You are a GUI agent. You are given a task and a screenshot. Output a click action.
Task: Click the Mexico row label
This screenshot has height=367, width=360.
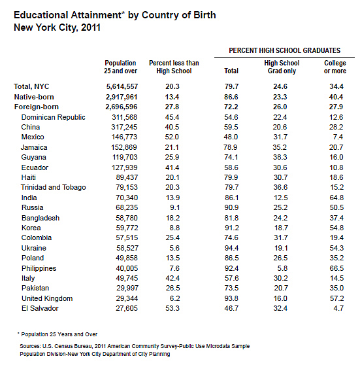[x=33, y=137]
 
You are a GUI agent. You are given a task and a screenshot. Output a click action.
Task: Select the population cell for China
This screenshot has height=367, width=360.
[x=124, y=127]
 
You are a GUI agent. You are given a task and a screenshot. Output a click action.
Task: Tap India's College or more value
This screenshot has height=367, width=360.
[x=336, y=198]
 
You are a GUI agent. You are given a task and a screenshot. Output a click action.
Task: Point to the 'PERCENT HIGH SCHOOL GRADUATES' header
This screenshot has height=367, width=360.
[x=284, y=50]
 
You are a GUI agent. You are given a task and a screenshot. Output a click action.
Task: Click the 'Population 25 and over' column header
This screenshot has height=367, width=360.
[x=120, y=67]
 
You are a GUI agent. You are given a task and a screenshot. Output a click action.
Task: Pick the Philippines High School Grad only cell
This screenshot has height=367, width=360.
[x=282, y=268]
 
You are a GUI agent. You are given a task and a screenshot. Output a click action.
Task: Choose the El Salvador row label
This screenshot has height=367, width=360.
[x=40, y=308]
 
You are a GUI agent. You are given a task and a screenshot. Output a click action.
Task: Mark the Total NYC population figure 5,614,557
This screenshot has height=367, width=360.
[x=122, y=86]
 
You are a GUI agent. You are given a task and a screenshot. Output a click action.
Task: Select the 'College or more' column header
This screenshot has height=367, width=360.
[x=335, y=67]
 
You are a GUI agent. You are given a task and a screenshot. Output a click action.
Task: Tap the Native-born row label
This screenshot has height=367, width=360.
[x=34, y=97]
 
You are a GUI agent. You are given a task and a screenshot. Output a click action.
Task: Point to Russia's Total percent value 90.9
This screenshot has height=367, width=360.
[x=231, y=207]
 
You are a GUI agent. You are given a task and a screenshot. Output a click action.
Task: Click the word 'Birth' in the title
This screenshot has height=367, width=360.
[x=205, y=15]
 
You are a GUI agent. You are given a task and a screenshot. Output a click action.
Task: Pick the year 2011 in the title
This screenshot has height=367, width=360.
[x=91, y=27]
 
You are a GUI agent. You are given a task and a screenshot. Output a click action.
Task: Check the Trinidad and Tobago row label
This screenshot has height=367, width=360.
[x=54, y=187]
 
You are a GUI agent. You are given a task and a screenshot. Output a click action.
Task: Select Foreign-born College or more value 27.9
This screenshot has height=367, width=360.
[x=336, y=107]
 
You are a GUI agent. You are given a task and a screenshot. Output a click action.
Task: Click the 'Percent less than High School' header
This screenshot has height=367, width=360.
[x=174, y=67]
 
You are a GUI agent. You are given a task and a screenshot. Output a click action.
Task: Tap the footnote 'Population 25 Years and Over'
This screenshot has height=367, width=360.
[x=59, y=334]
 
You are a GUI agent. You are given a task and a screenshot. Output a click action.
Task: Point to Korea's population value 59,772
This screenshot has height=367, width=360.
[x=127, y=228]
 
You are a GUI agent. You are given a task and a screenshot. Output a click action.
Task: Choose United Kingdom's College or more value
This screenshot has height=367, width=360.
[x=336, y=298]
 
